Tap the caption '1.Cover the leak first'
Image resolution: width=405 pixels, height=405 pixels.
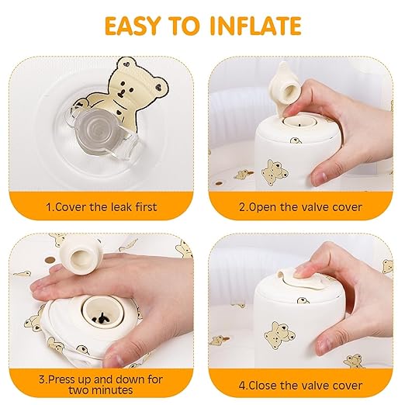pyautogui.click(x=101, y=206)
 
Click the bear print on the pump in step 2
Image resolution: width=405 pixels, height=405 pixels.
pyautogui.click(x=273, y=171)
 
